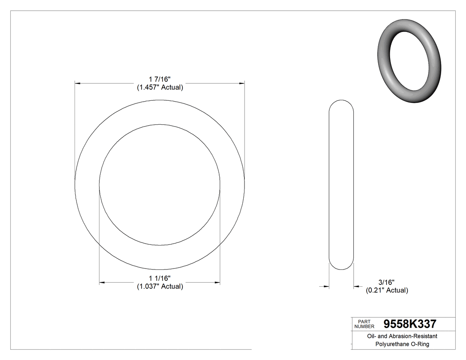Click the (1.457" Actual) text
(160, 87)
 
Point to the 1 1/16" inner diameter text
(160, 278)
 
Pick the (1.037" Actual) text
(160, 286)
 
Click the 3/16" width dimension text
(386, 282)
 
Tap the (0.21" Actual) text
(387, 290)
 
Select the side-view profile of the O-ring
(341, 184)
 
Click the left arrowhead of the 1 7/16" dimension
(78, 83)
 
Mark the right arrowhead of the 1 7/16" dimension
(241, 83)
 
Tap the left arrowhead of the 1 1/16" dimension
(102, 282)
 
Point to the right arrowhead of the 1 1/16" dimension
(217, 282)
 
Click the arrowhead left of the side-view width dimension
(326, 287)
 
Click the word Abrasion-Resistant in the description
(412, 336)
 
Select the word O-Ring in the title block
(420, 344)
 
